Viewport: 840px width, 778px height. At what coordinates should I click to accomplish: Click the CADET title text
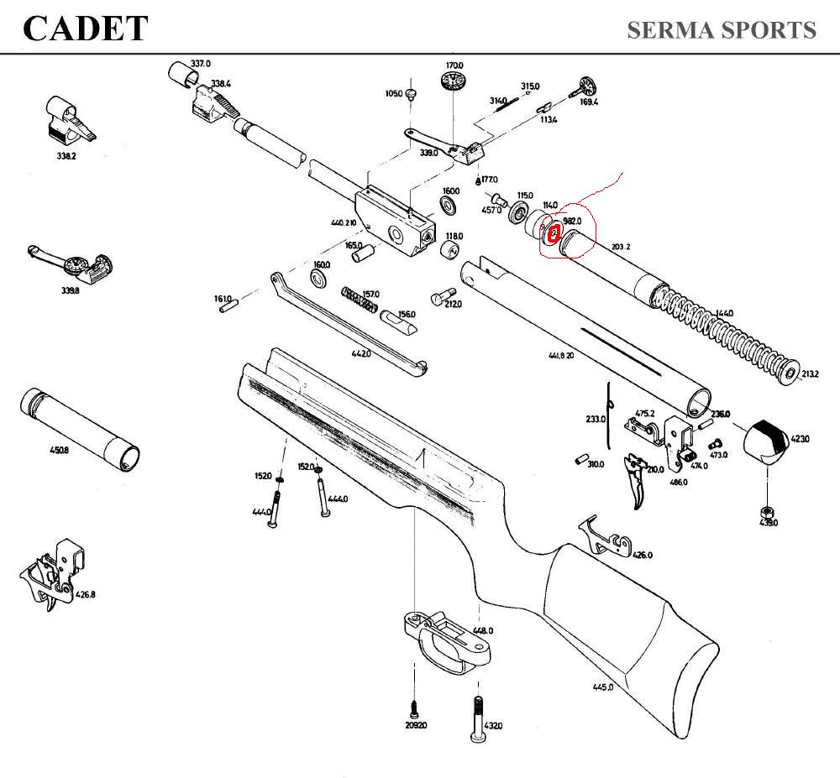[86, 29]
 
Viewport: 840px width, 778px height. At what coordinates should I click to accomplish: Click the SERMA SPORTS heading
[722, 30]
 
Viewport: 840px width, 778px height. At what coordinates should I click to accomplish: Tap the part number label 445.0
[602, 687]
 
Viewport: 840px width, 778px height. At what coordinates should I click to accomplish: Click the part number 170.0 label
[454, 65]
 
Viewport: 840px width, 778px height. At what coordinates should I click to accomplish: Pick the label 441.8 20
[561, 356]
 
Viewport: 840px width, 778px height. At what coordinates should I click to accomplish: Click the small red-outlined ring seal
[553, 232]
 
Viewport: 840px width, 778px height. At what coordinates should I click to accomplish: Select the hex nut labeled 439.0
[766, 512]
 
